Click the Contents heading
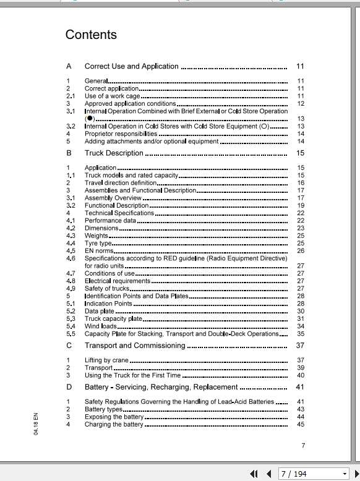click(x=91, y=35)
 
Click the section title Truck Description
click(x=114, y=153)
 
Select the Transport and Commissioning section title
click(x=134, y=346)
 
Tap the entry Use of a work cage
click(x=113, y=96)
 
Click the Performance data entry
click(x=110, y=221)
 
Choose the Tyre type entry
click(x=98, y=244)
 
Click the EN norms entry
click(x=99, y=251)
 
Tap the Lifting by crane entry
click(x=106, y=360)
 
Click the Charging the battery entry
click(x=114, y=424)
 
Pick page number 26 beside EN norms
click(x=301, y=251)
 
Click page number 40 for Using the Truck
click(x=301, y=375)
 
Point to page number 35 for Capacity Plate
click(x=301, y=334)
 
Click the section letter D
click(x=69, y=387)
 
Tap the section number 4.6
click(x=71, y=258)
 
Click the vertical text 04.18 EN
click(x=36, y=423)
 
